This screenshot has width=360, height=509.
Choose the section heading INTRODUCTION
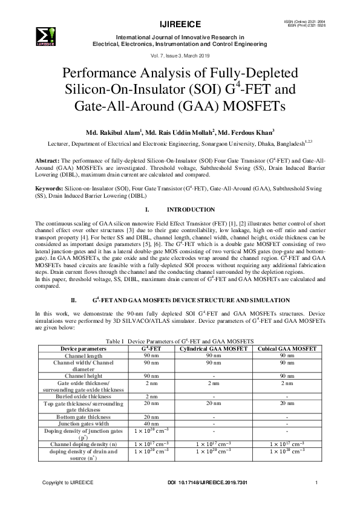pyautogui.click(x=191, y=209)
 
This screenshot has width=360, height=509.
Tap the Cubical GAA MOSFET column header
pyautogui.click(x=287, y=349)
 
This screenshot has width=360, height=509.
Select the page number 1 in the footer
pyautogui.click(x=316, y=482)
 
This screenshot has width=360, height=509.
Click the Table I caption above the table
pyautogui.click(x=179, y=342)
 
